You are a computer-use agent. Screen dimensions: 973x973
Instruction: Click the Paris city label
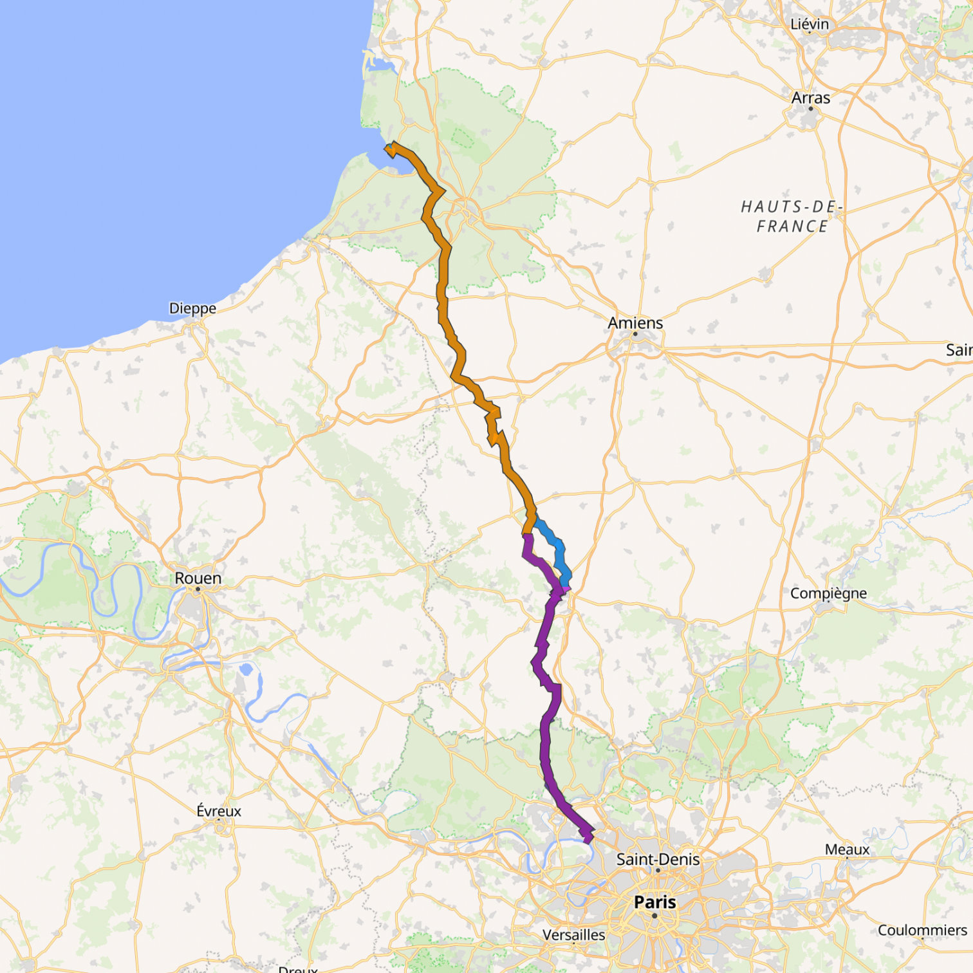(x=655, y=902)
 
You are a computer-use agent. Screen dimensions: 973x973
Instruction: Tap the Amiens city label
(x=635, y=322)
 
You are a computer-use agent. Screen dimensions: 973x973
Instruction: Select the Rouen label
(x=198, y=578)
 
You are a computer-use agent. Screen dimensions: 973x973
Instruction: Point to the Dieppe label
(x=192, y=308)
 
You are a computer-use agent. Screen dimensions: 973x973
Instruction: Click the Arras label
(x=810, y=98)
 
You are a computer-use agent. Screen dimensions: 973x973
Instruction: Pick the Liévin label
(x=810, y=24)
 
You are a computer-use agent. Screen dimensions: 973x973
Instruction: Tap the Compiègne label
(x=828, y=593)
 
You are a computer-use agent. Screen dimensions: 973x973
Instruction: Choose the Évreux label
(x=219, y=811)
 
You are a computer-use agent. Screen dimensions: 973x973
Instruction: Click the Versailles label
(x=573, y=934)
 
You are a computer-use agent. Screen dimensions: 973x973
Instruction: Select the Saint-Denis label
(x=658, y=859)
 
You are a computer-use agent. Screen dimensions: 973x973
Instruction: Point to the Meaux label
(x=847, y=849)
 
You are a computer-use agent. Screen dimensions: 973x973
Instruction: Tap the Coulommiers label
(x=922, y=930)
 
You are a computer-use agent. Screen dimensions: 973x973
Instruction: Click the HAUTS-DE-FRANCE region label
(x=792, y=216)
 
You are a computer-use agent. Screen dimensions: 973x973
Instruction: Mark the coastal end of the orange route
(x=390, y=149)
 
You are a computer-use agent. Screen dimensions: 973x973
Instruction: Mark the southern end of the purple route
(x=587, y=837)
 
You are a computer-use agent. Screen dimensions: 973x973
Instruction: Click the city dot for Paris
(x=654, y=915)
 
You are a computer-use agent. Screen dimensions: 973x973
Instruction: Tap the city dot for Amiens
(x=635, y=333)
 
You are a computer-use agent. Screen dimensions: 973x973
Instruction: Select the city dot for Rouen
(x=198, y=589)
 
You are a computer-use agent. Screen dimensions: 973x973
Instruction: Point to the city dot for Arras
(x=811, y=109)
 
